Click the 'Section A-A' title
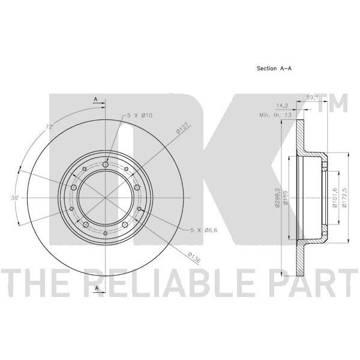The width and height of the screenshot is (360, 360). (x=274, y=68)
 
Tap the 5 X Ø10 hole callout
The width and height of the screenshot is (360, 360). (x=140, y=115)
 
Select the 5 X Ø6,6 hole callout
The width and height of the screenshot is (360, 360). (x=203, y=230)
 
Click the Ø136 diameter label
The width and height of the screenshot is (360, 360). (x=194, y=257)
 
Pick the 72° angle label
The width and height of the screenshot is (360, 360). (x=49, y=127)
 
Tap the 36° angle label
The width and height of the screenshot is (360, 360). (x=14, y=197)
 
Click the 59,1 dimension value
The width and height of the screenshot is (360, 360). (x=312, y=97)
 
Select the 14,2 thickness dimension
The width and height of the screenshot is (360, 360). (x=282, y=106)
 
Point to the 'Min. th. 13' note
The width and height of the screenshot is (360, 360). (x=275, y=115)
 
